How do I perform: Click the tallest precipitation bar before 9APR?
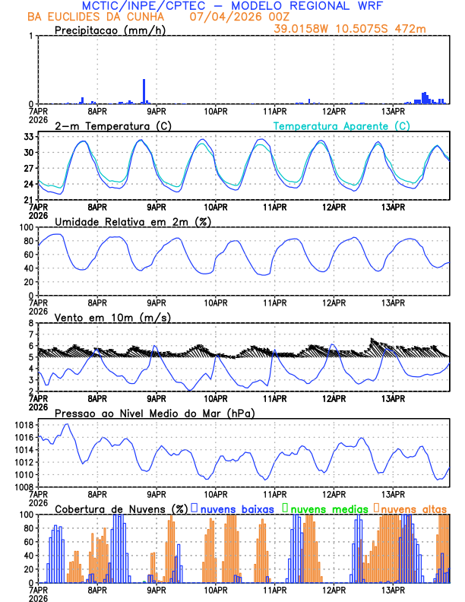(x=144, y=91)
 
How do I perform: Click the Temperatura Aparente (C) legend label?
(x=342, y=125)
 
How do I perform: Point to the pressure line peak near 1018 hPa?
(x=67, y=424)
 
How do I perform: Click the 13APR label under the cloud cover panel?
(x=393, y=589)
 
